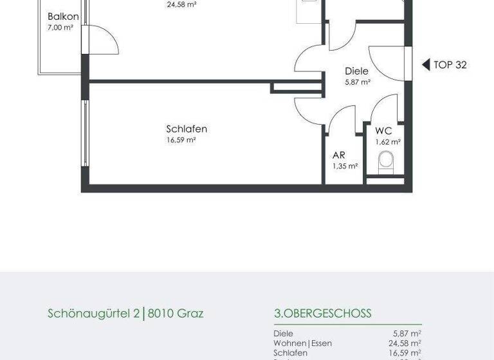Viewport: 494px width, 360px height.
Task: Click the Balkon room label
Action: click(x=63, y=17)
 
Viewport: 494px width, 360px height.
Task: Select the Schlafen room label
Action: click(x=187, y=129)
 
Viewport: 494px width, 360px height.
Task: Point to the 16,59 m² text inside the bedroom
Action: click(x=181, y=139)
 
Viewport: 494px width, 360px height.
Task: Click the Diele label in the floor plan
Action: click(x=356, y=71)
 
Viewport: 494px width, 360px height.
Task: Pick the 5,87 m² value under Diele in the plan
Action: click(x=358, y=82)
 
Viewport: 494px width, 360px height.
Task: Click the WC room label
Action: click(x=383, y=130)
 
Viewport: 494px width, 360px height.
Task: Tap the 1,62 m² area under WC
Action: click(x=388, y=141)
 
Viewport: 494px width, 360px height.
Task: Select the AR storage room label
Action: click(x=339, y=155)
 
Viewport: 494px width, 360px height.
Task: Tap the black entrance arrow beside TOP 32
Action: click(x=425, y=64)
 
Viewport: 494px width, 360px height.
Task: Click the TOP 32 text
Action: click(x=450, y=64)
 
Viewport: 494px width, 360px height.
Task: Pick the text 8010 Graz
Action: click(x=176, y=314)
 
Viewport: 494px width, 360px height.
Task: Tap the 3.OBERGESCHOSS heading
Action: click(x=322, y=314)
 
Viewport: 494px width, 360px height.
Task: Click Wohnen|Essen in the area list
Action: click(x=302, y=343)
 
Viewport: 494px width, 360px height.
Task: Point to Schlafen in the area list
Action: click(x=290, y=353)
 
